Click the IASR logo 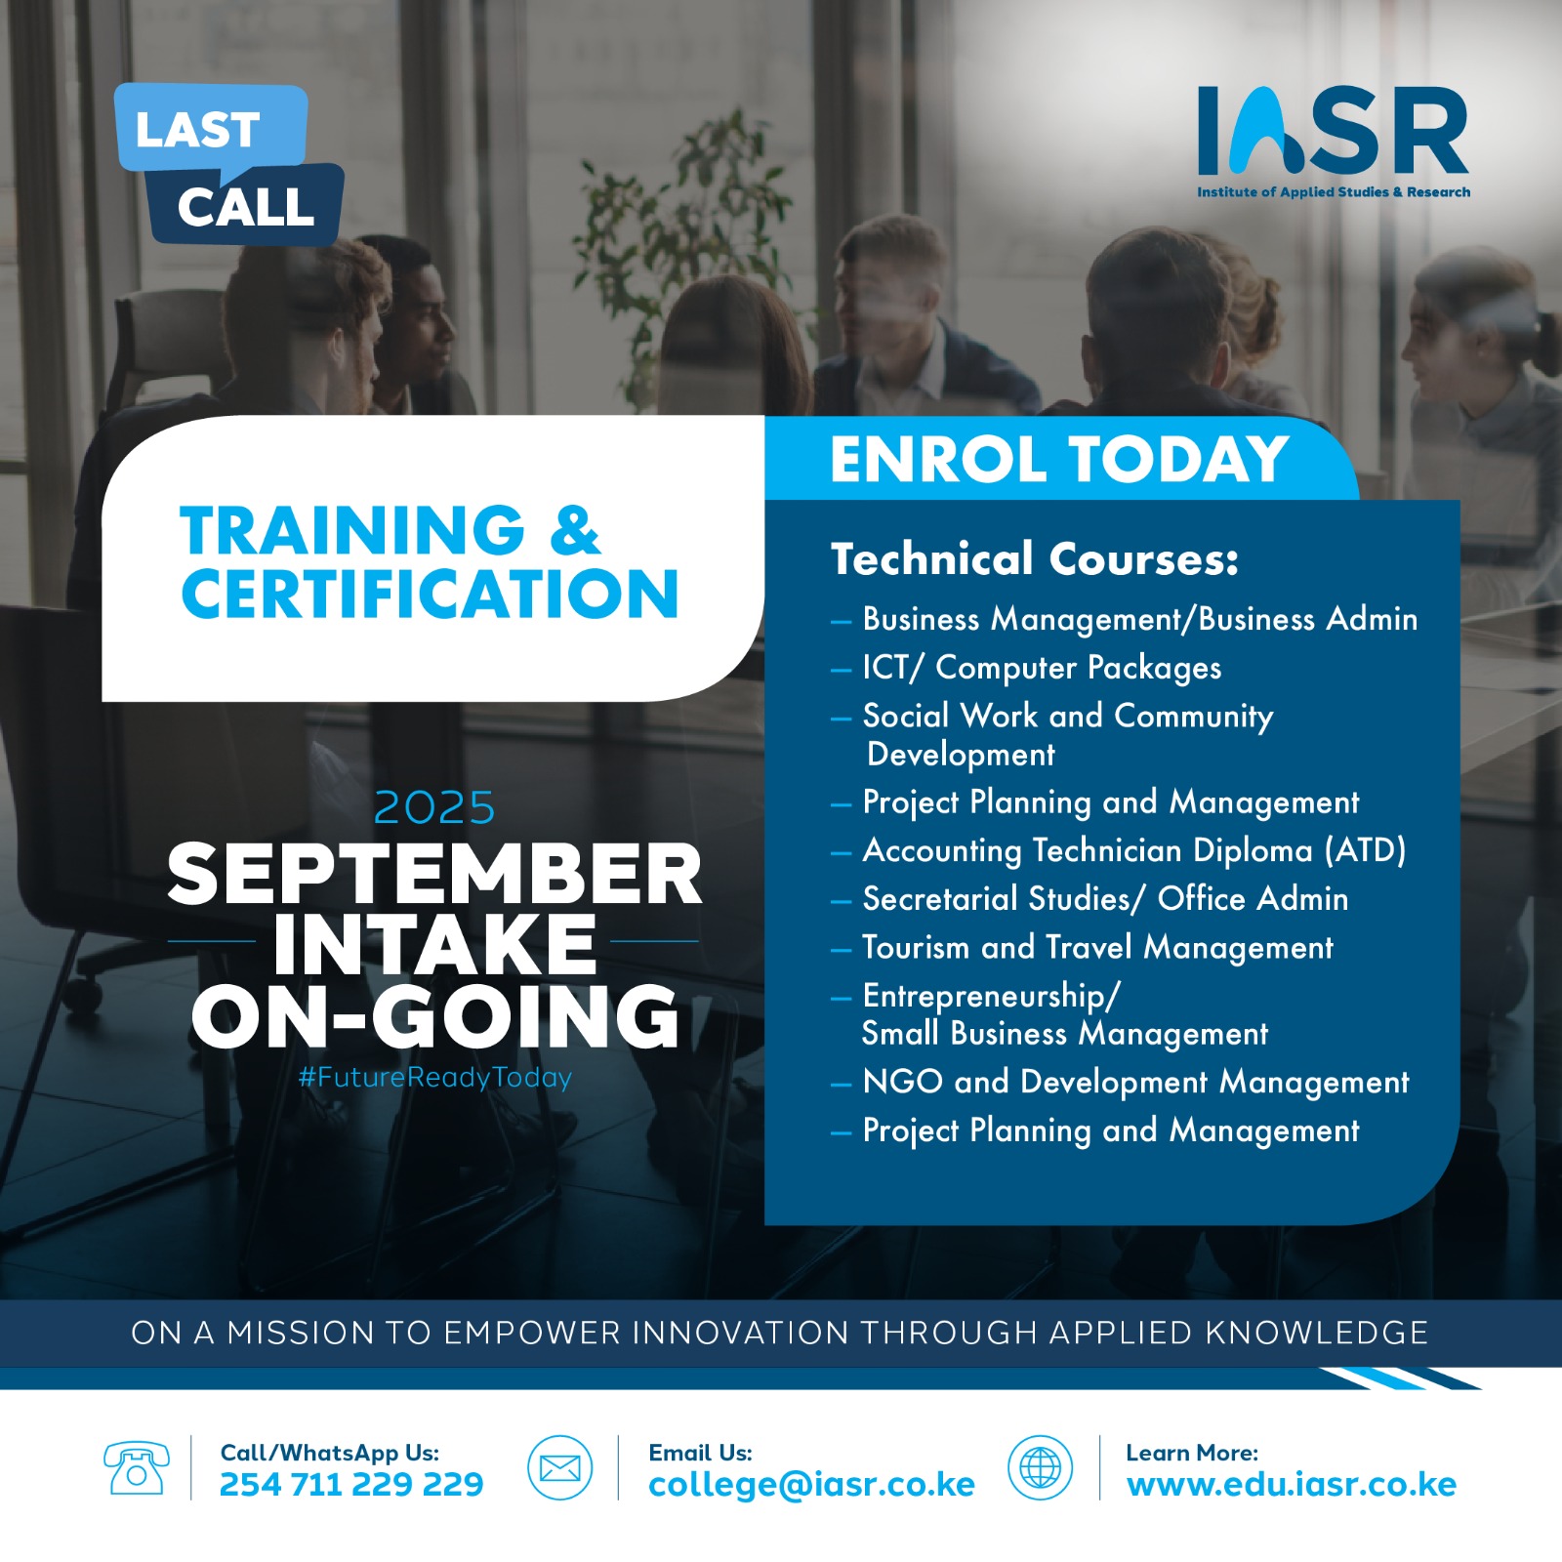point(1334,143)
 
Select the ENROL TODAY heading point(1059,459)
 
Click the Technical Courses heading point(1035,559)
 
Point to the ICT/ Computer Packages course point(1042,668)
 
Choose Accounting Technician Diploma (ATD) point(1134,850)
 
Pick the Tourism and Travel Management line point(1097,947)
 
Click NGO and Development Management point(1136,1082)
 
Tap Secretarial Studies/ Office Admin point(1105,898)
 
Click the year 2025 point(434,808)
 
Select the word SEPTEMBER point(434,874)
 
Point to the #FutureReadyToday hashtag point(435,1078)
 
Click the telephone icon point(137,1467)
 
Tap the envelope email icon point(560,1467)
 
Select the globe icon point(1040,1467)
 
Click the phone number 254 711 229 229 point(351,1485)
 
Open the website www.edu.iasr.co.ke point(1292,1485)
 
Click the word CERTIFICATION point(430,594)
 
